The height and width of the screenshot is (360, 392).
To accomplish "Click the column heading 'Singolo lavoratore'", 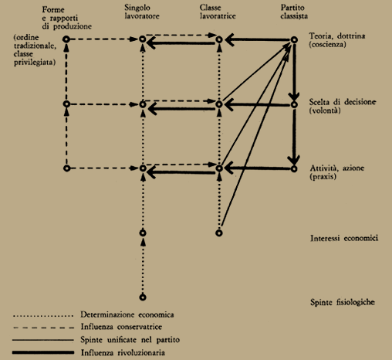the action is tap(142, 12).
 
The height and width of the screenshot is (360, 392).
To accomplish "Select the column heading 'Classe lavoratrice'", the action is tap(218, 12).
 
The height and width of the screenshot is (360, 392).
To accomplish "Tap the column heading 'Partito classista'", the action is tap(294, 12).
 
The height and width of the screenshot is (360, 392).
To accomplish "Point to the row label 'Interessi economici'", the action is tap(344, 238).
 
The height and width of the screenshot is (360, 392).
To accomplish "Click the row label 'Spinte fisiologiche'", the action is tap(343, 302).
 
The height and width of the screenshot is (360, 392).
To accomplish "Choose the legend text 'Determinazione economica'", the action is tap(127, 314).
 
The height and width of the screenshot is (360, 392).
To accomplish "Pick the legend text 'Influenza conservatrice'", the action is tap(121, 327).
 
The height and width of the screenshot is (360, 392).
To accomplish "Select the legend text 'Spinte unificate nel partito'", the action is tap(130, 340).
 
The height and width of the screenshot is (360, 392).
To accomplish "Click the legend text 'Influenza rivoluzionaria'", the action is tap(123, 352).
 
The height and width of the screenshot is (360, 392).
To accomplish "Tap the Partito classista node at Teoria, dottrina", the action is tap(294, 40).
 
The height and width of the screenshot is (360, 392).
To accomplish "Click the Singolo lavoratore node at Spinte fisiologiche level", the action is tap(143, 297).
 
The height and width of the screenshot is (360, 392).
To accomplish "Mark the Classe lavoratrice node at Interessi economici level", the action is tap(219, 233).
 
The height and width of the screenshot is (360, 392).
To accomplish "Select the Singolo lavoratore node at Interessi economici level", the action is tap(143, 233).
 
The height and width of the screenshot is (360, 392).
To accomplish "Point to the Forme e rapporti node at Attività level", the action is tap(66, 168).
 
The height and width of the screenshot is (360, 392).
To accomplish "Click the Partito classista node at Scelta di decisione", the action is tap(294, 104).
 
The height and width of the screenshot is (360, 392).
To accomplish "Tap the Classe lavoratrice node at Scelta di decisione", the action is tap(219, 104).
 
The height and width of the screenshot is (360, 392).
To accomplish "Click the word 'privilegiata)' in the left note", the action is tap(35, 63).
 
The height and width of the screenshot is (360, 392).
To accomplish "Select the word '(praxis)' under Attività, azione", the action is tap(323, 177).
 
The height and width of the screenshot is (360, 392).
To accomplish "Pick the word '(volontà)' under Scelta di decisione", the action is tap(325, 110).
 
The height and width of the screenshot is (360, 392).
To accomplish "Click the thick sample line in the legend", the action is tap(43, 352).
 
